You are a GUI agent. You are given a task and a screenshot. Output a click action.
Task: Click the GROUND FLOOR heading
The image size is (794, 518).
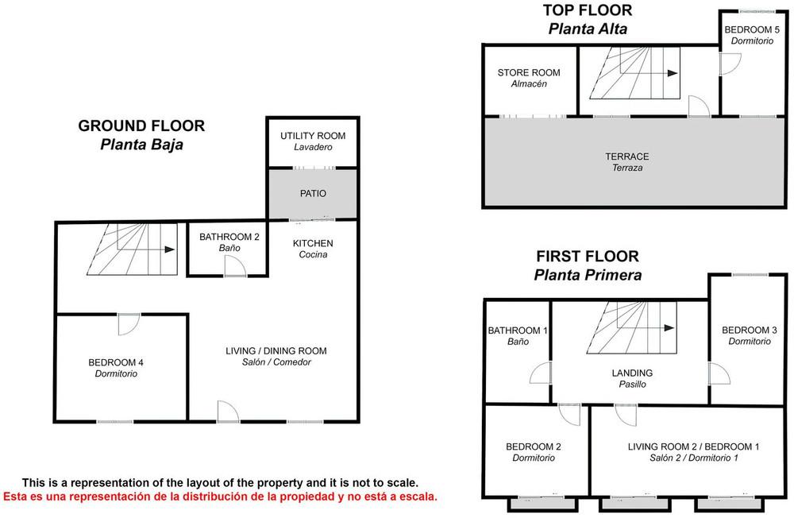[141, 126]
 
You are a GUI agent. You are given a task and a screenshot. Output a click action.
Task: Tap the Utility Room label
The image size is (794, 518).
[313, 141]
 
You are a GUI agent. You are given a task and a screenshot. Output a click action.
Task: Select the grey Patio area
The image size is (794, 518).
[312, 194]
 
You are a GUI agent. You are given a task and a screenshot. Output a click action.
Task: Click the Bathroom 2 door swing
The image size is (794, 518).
[235, 266]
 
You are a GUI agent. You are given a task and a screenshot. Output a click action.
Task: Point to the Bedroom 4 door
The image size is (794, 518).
[129, 324]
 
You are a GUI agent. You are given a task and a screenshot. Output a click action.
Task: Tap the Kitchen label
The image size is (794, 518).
[313, 249]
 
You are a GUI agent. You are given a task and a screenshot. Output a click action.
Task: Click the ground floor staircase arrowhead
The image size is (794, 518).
[170, 249]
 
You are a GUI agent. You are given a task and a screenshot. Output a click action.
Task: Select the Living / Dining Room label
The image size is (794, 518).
[276, 356]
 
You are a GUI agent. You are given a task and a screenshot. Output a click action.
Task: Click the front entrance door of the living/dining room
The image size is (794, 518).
[228, 411]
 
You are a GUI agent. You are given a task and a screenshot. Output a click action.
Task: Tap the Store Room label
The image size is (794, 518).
[529, 78]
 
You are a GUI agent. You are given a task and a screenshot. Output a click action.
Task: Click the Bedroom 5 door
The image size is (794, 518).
[730, 64]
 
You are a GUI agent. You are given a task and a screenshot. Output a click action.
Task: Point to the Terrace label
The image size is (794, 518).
[627, 162]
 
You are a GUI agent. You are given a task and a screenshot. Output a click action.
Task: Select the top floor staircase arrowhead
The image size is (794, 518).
[673, 73]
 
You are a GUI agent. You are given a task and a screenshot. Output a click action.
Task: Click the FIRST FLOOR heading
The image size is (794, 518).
[588, 256]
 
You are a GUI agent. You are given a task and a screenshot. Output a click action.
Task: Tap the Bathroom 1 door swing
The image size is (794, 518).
[540, 373]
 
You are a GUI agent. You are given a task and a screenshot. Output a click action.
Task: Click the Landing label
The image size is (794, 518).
[632, 379]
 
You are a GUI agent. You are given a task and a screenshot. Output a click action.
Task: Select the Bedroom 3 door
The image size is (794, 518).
[719, 373]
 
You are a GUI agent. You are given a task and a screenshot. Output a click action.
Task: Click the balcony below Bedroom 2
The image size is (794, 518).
[542, 504]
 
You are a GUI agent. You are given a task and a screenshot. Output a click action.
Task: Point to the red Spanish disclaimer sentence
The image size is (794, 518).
[220, 497]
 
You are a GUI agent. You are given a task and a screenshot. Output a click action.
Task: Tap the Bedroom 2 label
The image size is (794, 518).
[534, 452]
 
